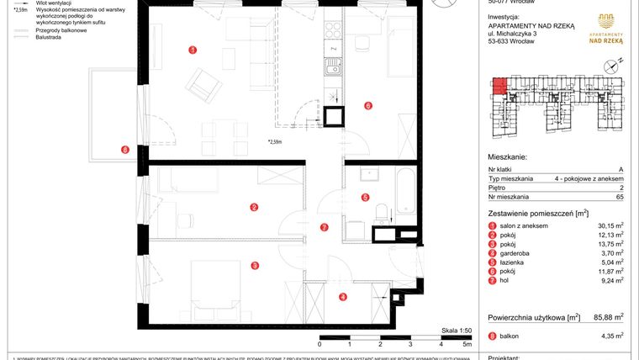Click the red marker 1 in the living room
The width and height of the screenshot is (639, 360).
click(x=193, y=50)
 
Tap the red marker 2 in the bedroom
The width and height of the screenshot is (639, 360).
click(x=254, y=207)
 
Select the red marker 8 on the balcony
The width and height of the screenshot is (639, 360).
click(x=124, y=151)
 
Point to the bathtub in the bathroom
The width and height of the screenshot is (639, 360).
click(x=405, y=191)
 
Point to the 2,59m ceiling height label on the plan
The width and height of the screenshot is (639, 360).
click(x=275, y=142)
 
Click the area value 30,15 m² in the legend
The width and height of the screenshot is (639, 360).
click(x=606, y=226)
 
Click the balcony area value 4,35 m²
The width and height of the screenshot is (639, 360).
click(x=609, y=336)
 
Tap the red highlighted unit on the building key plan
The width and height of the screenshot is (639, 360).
click(x=499, y=85)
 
